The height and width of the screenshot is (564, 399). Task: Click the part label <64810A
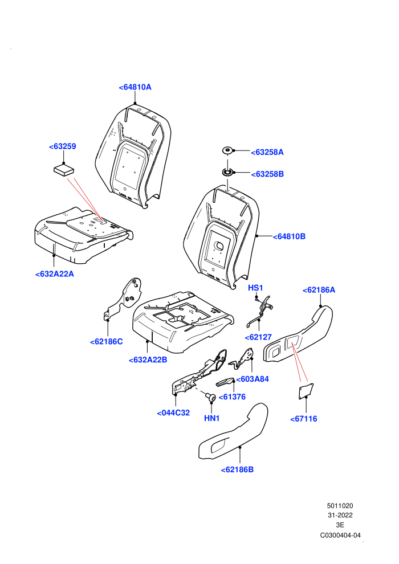click(x=135, y=87)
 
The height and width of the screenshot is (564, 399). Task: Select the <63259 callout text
click(x=62, y=146)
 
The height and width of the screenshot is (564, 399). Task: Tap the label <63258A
click(x=267, y=152)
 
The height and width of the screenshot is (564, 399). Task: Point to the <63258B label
click(x=267, y=174)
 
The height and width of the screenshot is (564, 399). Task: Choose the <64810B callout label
click(x=289, y=236)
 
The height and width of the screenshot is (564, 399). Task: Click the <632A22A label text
click(x=55, y=274)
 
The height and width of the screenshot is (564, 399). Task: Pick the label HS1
click(x=255, y=288)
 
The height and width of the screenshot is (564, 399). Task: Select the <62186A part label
click(x=319, y=290)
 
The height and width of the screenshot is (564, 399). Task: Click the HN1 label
click(x=211, y=418)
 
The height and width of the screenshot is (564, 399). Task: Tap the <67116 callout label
click(x=304, y=419)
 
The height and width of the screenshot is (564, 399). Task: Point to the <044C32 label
click(x=173, y=413)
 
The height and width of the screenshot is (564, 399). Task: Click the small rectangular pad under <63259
click(x=64, y=170)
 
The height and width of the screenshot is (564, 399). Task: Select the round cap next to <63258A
click(x=228, y=150)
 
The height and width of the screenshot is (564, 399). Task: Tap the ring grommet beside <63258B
click(x=227, y=171)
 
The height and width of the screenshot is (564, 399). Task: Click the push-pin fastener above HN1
click(x=211, y=397)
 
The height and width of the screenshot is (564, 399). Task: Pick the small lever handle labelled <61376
click(x=225, y=382)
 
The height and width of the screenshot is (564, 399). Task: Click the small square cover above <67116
click(x=306, y=391)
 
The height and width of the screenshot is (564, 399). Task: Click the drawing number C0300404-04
click(x=340, y=535)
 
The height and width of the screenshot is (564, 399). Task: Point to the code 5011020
click(x=340, y=506)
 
